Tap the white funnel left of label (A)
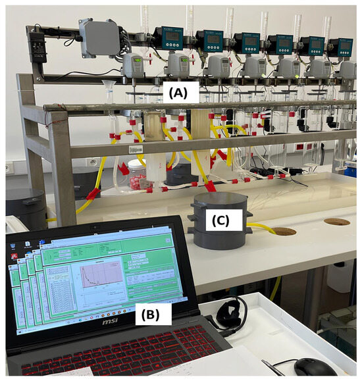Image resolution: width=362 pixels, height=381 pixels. pos(108,87)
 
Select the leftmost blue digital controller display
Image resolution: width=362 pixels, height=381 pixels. pos(174,38)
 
